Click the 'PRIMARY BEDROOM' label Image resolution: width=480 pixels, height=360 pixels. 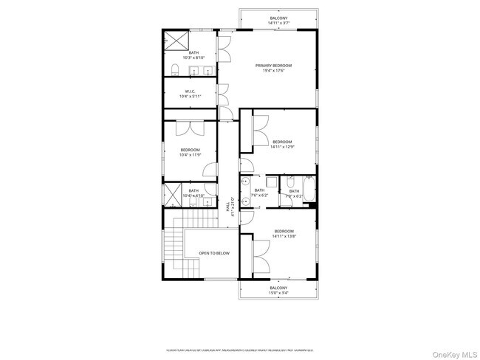point(273,66)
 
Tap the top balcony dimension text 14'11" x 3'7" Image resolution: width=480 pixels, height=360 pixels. point(278,23)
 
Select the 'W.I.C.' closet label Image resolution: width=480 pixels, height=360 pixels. point(190,91)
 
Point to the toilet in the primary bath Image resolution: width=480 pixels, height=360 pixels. point(175,70)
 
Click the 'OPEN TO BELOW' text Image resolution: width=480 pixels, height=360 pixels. point(213,253)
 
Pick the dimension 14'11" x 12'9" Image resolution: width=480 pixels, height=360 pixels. point(282,147)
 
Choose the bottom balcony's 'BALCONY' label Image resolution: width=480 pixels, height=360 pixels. point(278,288)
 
